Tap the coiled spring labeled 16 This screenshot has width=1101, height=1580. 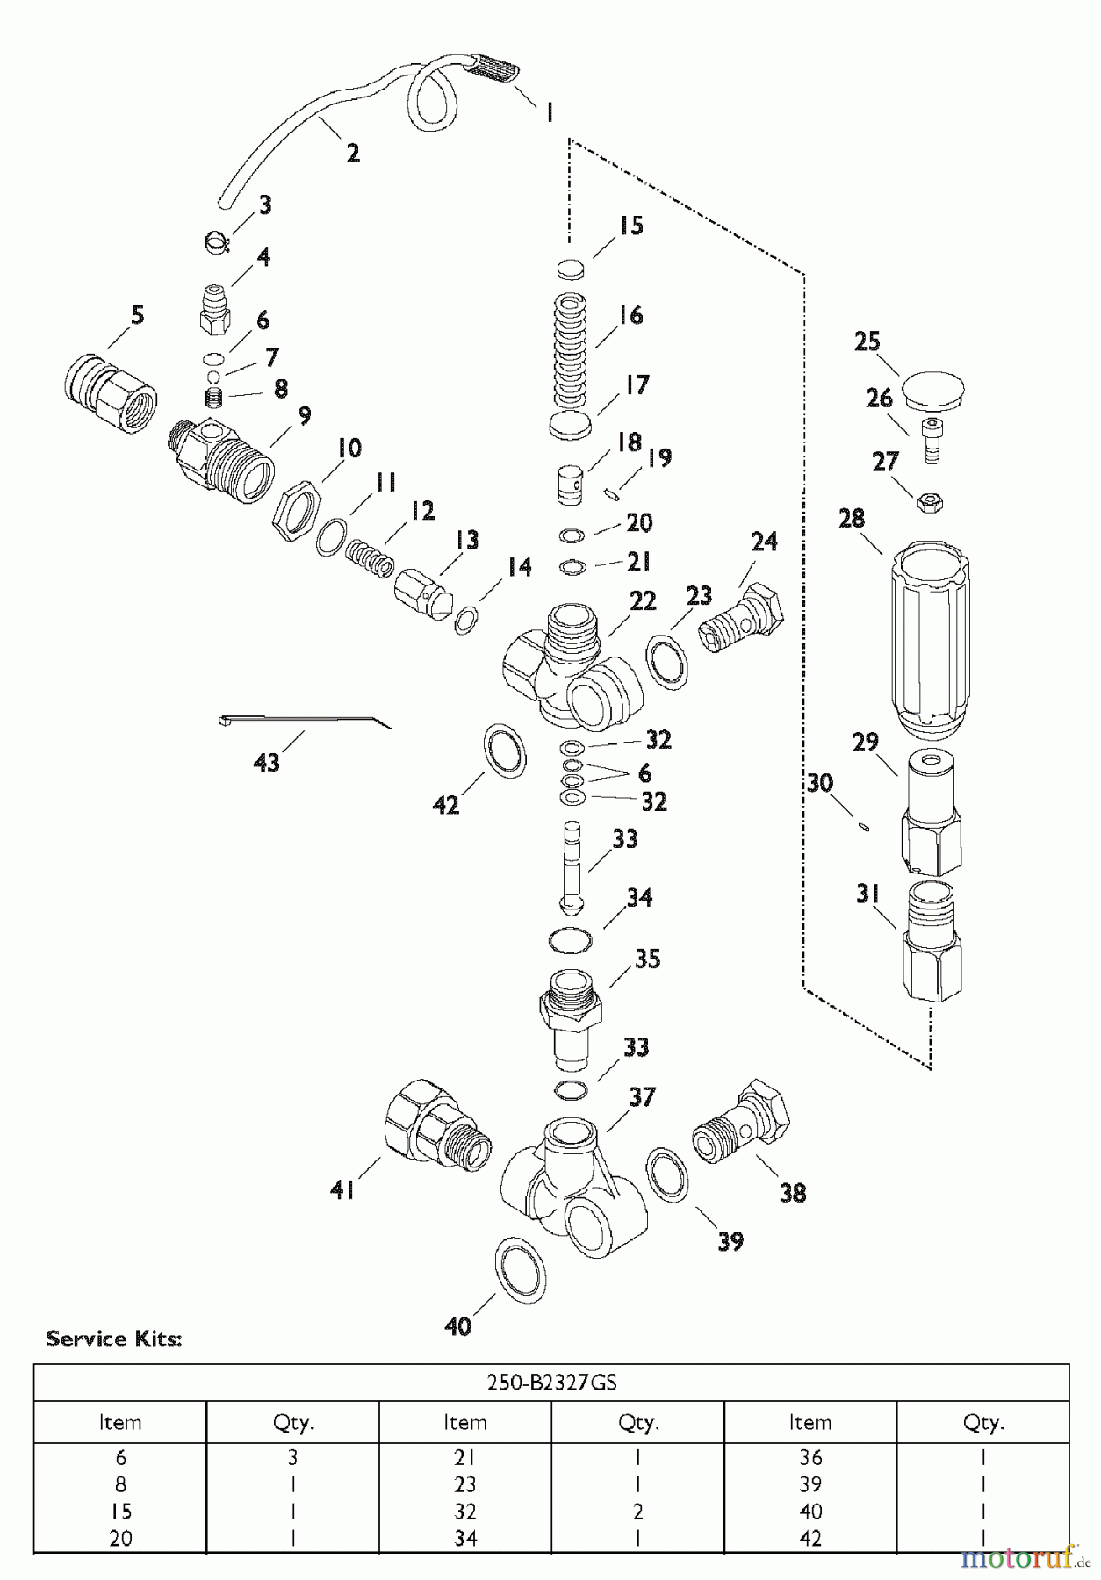[575, 348]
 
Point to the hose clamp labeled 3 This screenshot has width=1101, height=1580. [218, 241]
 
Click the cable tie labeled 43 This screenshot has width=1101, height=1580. [303, 721]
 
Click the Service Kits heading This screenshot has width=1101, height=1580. [113, 1339]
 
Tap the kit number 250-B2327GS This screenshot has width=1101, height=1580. [551, 1382]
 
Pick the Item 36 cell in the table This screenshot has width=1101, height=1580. [810, 1457]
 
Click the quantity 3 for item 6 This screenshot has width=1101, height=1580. [292, 1457]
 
